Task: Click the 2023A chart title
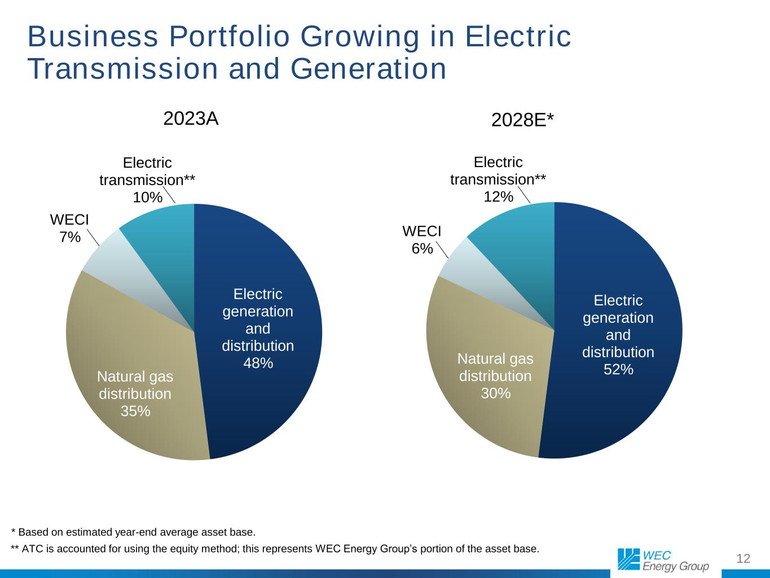(x=191, y=119)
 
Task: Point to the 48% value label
(x=258, y=364)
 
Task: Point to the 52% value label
(x=618, y=370)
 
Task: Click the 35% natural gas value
(x=135, y=411)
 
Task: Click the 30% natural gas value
(x=495, y=393)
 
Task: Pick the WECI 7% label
(x=69, y=228)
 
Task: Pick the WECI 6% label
(x=421, y=240)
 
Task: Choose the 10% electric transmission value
(x=147, y=197)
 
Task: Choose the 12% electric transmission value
(x=499, y=196)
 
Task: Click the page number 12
(x=743, y=559)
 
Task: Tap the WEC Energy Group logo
(x=663, y=559)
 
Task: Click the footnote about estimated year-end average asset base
(x=134, y=532)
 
